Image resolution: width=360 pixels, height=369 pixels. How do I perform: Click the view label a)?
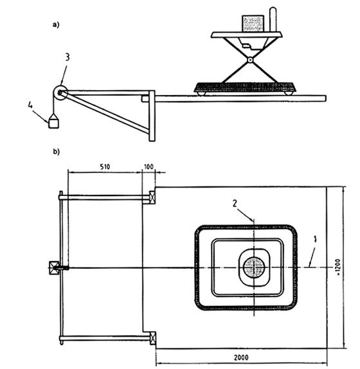click(x=56, y=24)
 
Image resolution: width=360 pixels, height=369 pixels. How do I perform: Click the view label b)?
click(x=56, y=152)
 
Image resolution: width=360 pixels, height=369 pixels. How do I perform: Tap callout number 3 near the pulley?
click(x=67, y=57)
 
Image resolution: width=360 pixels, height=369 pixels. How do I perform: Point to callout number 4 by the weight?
click(x=30, y=105)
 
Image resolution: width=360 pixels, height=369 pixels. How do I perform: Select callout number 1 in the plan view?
click(x=315, y=239)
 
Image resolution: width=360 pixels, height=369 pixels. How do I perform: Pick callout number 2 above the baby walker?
click(x=235, y=203)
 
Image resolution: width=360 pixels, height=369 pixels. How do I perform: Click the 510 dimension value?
click(x=105, y=166)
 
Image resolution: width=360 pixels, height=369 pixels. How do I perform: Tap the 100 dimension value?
click(x=148, y=166)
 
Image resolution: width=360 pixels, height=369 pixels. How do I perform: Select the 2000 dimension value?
click(x=241, y=357)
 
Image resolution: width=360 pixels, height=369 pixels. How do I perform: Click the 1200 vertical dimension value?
click(x=338, y=267)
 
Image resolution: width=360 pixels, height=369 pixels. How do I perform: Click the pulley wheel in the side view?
click(x=60, y=93)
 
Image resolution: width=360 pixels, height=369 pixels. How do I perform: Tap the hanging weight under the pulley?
click(x=53, y=121)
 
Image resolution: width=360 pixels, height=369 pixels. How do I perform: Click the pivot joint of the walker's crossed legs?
click(x=250, y=60)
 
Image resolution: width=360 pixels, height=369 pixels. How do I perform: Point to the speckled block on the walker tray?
click(x=253, y=24)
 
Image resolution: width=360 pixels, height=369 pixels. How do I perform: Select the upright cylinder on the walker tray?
click(x=273, y=19)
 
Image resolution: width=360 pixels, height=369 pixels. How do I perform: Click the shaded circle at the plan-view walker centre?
click(x=254, y=267)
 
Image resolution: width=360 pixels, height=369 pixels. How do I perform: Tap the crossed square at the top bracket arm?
click(x=152, y=197)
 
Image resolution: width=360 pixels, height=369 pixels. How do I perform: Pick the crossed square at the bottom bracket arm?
click(x=153, y=338)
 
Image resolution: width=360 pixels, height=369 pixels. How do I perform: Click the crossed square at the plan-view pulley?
click(x=53, y=268)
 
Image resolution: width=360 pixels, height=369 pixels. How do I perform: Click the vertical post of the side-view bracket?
click(x=152, y=116)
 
